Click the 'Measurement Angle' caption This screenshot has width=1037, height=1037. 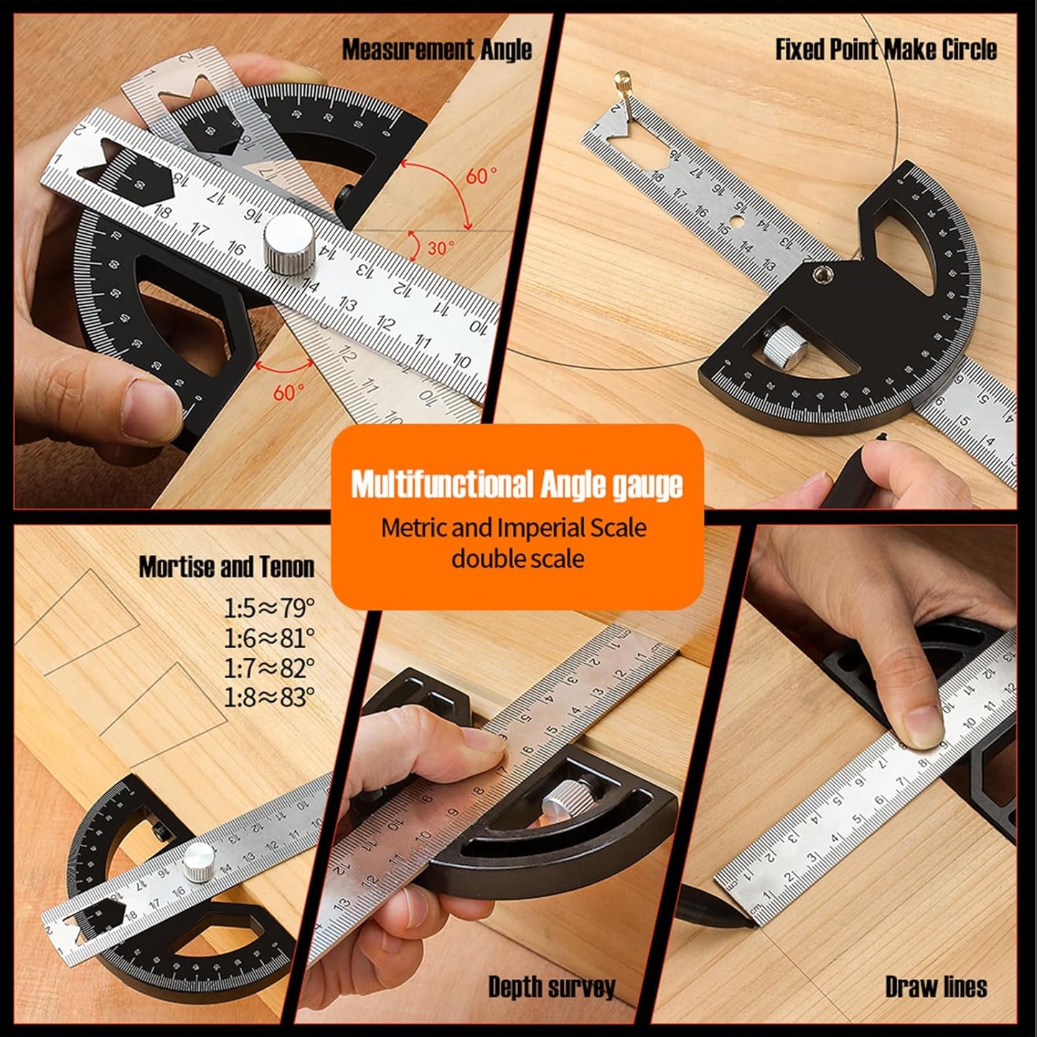[x=436, y=50]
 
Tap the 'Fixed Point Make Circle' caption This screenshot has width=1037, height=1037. [x=886, y=50]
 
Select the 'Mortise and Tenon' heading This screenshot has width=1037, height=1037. [x=227, y=567]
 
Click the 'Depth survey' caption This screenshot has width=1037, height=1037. [x=551, y=987]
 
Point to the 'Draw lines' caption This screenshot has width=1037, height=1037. [x=936, y=987]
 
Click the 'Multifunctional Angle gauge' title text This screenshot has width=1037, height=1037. [x=517, y=484]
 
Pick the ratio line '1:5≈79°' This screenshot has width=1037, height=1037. [x=269, y=609]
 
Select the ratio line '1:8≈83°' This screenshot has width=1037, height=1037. [x=269, y=697]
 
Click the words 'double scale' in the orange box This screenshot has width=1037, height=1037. [x=517, y=558]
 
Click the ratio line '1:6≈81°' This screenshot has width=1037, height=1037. [x=269, y=638]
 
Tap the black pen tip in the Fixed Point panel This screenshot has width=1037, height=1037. [x=880, y=437]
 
